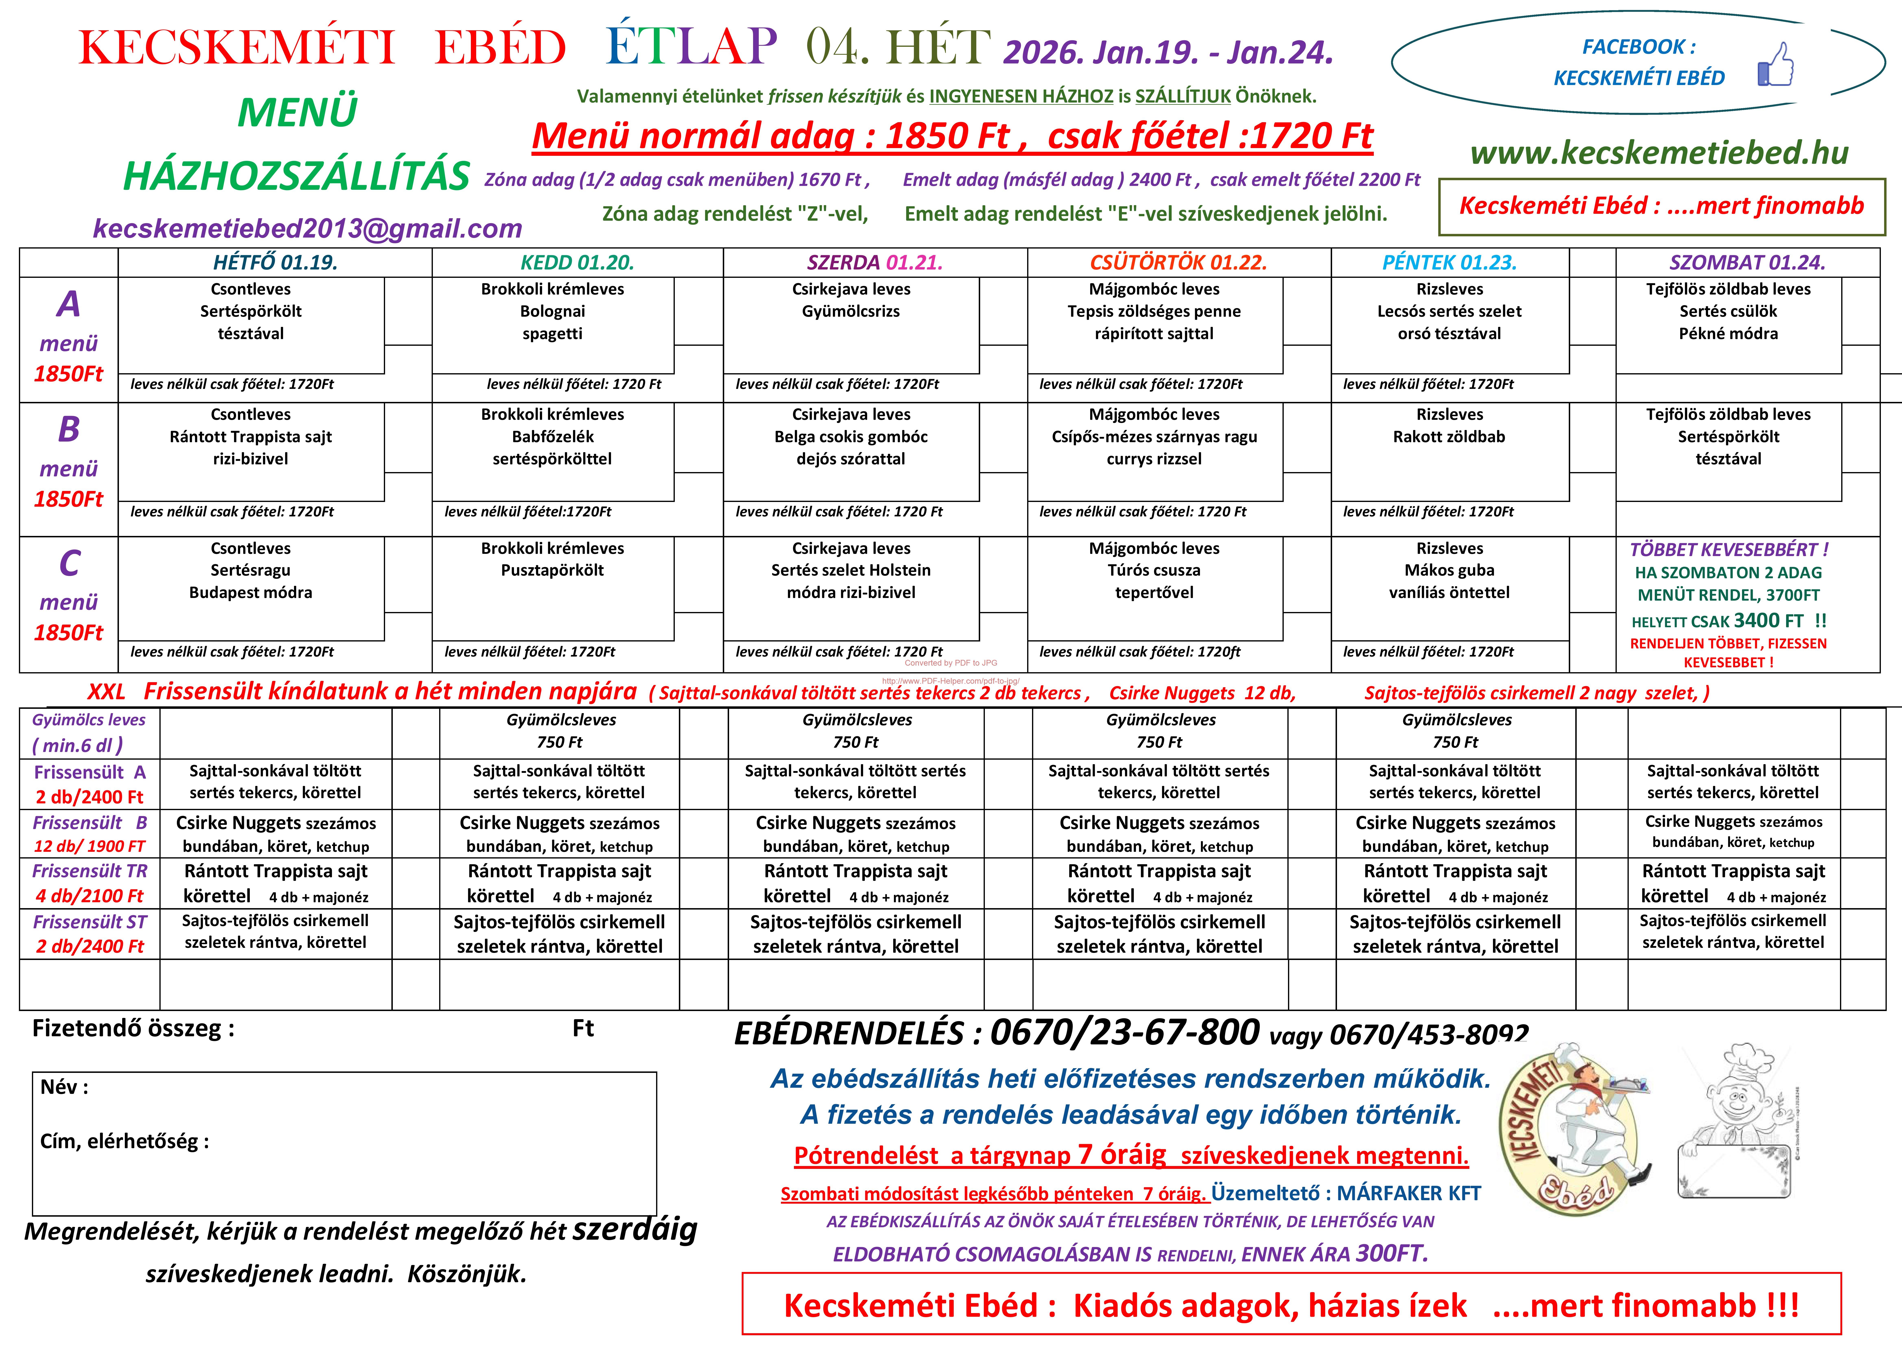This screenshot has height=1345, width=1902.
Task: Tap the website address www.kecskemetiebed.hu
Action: pyautogui.click(x=1659, y=153)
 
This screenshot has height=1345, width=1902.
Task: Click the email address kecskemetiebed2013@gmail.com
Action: pyautogui.click(x=307, y=228)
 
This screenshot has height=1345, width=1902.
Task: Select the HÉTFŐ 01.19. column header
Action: pyautogui.click(x=275, y=263)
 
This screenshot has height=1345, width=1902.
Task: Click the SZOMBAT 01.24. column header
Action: pyautogui.click(x=1747, y=263)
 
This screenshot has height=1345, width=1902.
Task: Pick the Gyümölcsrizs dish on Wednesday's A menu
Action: pyautogui.click(x=851, y=312)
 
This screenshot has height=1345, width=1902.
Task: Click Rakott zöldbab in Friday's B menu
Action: pyautogui.click(x=1449, y=437)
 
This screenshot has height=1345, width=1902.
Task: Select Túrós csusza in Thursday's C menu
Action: pyautogui.click(x=1154, y=570)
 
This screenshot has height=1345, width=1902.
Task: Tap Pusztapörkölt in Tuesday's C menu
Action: pyautogui.click(x=553, y=570)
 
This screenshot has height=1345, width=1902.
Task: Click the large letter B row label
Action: pyautogui.click(x=69, y=429)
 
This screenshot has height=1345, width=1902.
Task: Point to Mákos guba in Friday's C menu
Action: pyautogui.click(x=1449, y=570)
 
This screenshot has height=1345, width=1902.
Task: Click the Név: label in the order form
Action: pyautogui.click(x=64, y=1087)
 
